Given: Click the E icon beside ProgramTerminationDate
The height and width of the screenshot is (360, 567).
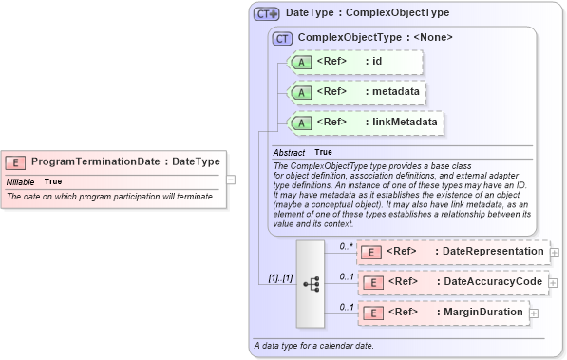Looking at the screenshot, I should [16, 161].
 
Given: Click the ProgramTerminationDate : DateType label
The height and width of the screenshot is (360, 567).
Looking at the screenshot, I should [125, 161].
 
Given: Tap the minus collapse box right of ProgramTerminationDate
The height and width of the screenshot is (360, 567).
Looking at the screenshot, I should [230, 178].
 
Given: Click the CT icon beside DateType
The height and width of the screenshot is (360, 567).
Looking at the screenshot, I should [267, 14].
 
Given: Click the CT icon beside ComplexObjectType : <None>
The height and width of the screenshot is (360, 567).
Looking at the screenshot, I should [282, 38].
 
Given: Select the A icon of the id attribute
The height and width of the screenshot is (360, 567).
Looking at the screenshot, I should [301, 63].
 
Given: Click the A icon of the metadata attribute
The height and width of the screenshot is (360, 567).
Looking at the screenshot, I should [301, 93].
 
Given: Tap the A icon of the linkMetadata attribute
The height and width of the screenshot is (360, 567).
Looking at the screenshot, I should [301, 123].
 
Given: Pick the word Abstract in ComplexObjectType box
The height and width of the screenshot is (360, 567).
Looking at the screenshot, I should [289, 152].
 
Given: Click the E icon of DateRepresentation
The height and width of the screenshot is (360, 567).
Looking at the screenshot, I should [372, 252].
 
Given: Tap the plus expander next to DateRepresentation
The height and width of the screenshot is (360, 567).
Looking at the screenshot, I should [555, 253].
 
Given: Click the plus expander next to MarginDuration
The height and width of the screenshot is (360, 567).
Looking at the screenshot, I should [534, 313].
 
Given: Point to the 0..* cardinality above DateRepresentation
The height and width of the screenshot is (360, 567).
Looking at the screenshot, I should [347, 246].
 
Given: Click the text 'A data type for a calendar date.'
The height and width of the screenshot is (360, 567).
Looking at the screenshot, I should [313, 345].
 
